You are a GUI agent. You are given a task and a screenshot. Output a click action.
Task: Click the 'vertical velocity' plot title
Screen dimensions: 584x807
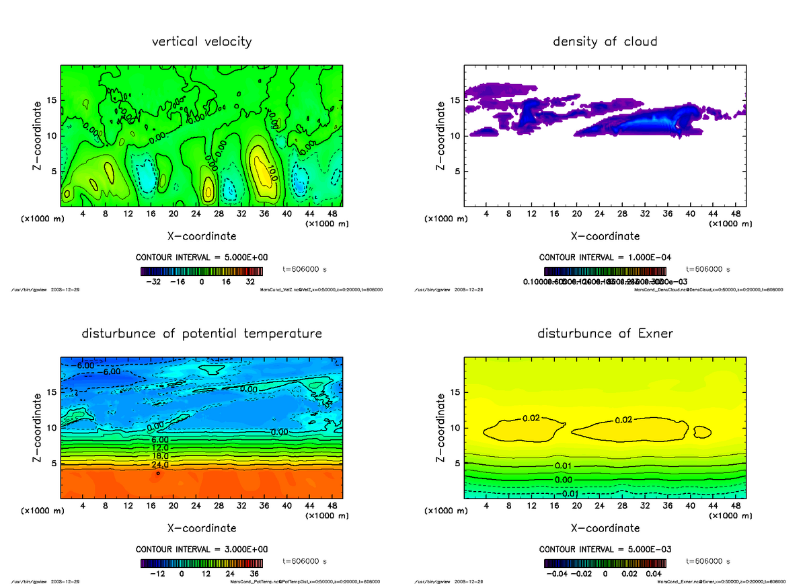202,42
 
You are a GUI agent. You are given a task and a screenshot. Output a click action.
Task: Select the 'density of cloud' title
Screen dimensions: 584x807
605,42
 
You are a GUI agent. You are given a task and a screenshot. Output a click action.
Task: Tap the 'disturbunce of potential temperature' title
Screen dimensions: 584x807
202,334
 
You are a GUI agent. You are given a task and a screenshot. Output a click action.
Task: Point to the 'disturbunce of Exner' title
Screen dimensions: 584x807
605,334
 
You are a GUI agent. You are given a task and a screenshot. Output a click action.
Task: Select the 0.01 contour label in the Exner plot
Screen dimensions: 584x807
564,466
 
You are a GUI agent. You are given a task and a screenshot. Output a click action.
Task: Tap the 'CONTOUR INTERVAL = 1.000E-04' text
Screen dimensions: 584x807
605,258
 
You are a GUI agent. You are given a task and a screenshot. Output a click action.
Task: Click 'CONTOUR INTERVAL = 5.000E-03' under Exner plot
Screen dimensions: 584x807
605,549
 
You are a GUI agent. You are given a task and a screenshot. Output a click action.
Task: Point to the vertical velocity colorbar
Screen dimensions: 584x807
202,271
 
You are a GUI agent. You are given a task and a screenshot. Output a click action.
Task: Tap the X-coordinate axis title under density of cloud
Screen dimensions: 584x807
605,236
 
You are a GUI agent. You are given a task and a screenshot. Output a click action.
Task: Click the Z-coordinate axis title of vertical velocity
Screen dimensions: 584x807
38,135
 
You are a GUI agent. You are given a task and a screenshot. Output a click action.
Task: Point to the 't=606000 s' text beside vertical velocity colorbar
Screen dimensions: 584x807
305,269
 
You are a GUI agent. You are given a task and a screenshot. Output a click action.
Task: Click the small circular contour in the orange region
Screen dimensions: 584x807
158,473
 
